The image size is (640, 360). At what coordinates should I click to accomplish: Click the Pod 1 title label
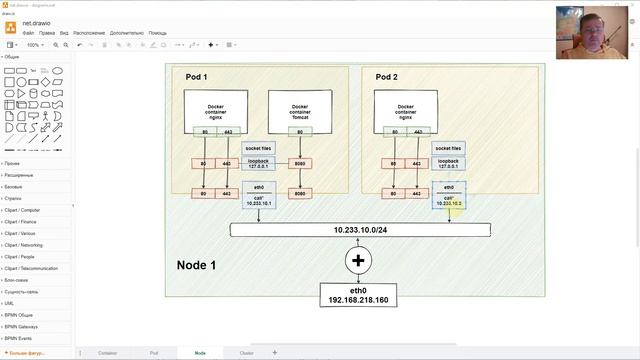196,77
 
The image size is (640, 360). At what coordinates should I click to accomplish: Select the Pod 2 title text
387,77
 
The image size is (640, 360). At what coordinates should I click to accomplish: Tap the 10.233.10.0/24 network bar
360,230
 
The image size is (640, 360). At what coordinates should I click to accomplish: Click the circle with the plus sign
360,262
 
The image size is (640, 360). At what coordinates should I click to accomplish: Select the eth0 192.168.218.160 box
359,294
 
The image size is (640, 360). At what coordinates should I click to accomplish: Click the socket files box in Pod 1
258,148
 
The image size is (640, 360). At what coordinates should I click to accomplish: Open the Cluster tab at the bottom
246,353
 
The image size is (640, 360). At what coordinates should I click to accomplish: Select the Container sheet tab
107,353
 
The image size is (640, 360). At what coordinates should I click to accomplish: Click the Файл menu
28,33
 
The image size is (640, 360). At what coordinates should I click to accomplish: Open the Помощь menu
158,33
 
